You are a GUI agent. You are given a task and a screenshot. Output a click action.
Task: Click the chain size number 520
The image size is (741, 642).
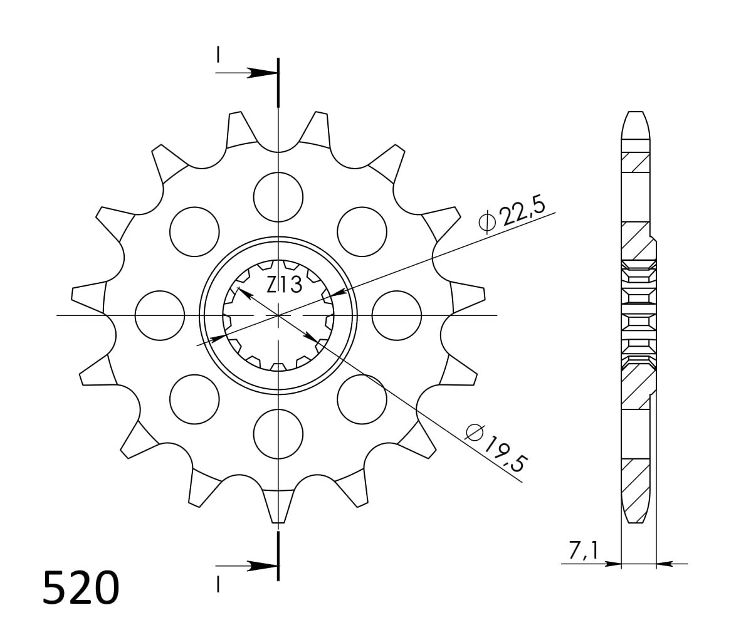click(80, 588)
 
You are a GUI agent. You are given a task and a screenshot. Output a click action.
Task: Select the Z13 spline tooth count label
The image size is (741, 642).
click(284, 285)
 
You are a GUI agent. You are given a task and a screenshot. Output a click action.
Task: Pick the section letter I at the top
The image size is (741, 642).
click(218, 56)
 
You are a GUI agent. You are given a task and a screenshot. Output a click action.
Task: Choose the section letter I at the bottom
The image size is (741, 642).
click(218, 584)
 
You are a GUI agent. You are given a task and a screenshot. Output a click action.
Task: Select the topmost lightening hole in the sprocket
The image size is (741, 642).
click(278, 197)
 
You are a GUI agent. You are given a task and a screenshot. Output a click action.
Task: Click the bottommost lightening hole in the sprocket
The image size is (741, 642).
click(278, 434)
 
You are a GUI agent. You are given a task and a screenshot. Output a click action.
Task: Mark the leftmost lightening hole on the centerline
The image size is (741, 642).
click(160, 315)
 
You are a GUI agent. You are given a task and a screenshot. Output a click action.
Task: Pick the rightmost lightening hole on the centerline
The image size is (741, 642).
click(396, 315)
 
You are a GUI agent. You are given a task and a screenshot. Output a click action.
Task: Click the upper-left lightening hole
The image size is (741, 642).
click(194, 231)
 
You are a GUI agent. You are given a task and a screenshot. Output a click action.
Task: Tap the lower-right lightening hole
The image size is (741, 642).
click(362, 399)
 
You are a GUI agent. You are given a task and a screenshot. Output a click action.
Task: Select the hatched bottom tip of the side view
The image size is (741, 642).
click(635, 502)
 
